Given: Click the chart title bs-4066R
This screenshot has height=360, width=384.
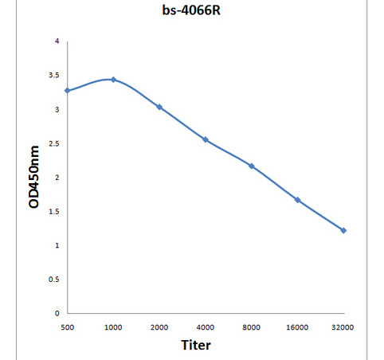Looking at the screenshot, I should coord(191,12).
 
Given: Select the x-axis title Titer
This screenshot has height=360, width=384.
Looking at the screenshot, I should coord(195,345).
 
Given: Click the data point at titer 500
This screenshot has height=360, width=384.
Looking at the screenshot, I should coord(67,91).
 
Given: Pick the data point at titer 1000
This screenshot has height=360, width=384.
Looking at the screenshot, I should coord(113,80).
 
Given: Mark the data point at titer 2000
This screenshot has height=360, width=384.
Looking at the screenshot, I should coord(159,107).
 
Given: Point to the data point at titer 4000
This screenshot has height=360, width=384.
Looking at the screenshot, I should coord(206,139).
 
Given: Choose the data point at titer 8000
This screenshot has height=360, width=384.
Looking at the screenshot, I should coord(252,166).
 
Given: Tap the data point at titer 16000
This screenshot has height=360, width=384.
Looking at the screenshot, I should coord(297,200).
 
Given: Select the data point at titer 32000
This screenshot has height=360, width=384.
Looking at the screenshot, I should coord(343,230).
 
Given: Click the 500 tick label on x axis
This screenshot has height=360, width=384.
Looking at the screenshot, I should coord(67,327).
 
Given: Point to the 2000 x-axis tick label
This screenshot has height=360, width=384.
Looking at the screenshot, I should coord(159,327).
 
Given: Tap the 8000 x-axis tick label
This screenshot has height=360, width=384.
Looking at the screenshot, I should coord(252,327).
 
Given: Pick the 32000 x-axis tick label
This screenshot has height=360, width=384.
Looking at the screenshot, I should coord(343,327).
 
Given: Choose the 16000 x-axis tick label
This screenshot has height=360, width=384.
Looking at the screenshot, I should coord(297,327).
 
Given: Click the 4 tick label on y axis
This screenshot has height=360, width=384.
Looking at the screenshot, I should coord(56,41).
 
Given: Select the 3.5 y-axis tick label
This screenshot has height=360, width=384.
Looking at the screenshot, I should coord(53,75).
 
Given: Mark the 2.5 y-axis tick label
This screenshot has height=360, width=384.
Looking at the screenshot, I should coord(53,143).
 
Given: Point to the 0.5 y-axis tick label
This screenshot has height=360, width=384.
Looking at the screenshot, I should coord(53,279).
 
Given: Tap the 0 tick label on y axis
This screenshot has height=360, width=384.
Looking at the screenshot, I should coord(56,313).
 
